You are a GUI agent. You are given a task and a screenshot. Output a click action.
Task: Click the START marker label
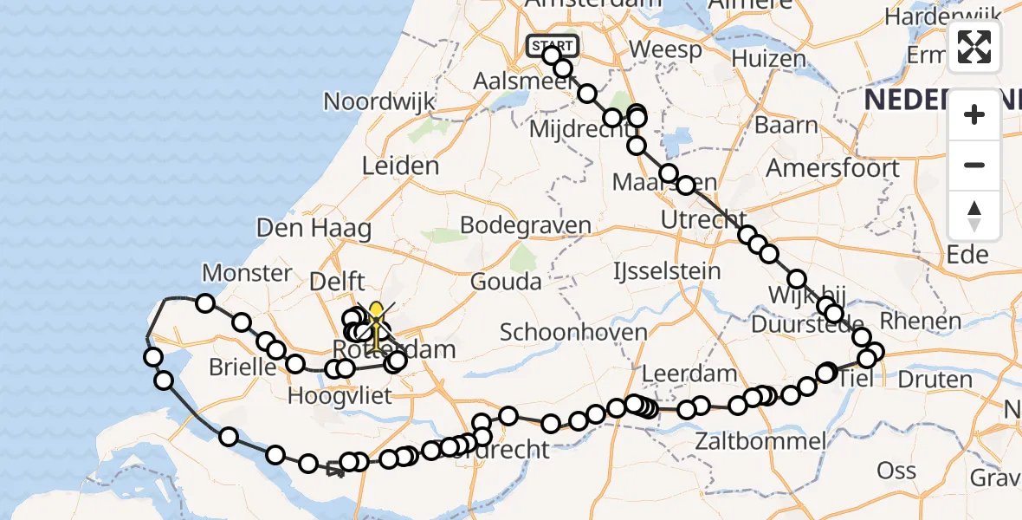(x=553, y=45)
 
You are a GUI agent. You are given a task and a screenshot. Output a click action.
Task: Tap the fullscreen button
(x=974, y=47)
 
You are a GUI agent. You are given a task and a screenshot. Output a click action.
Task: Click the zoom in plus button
(x=974, y=114)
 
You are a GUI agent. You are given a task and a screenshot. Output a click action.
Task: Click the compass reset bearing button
(x=974, y=216)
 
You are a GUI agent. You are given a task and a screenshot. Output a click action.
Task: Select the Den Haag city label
(x=314, y=229)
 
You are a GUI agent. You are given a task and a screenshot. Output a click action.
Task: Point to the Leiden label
(x=400, y=165)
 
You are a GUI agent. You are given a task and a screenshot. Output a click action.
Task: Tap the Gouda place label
(x=507, y=281)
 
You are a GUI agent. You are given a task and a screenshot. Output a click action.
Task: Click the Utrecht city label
(x=703, y=220)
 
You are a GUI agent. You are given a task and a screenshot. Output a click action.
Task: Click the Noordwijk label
(x=379, y=101)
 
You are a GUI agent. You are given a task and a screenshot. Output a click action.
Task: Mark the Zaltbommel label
(x=760, y=441)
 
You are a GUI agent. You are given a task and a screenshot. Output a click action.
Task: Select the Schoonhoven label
(x=573, y=332)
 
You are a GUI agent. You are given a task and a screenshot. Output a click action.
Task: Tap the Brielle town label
(x=243, y=367)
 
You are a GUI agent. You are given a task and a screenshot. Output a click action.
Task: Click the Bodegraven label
(x=526, y=225)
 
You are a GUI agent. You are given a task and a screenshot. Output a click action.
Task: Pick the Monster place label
(x=247, y=274)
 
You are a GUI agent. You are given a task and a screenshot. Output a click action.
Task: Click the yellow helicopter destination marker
(x=376, y=319)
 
